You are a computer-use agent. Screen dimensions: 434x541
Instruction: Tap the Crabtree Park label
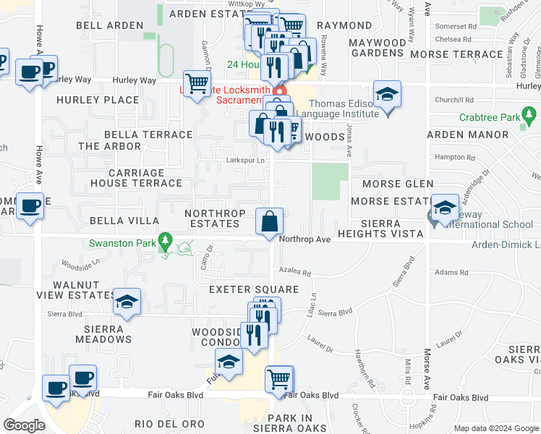click(490, 117)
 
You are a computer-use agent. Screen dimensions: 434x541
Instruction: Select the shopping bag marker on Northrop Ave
click(269, 221)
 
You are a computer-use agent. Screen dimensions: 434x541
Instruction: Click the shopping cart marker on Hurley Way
click(195, 84)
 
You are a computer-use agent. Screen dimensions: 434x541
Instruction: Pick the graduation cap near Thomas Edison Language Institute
click(388, 95)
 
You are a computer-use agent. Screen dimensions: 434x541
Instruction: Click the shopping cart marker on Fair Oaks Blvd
click(278, 379)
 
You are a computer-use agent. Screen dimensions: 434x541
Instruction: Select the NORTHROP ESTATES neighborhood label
click(212, 218)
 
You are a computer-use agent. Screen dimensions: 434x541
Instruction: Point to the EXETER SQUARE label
click(243, 289)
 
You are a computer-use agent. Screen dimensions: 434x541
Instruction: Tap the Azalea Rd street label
click(295, 273)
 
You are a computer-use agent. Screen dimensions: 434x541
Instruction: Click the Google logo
click(25, 425)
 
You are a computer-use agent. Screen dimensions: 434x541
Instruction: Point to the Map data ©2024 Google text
click(495, 428)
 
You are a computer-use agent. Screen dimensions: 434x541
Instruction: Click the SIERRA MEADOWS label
click(103, 333)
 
